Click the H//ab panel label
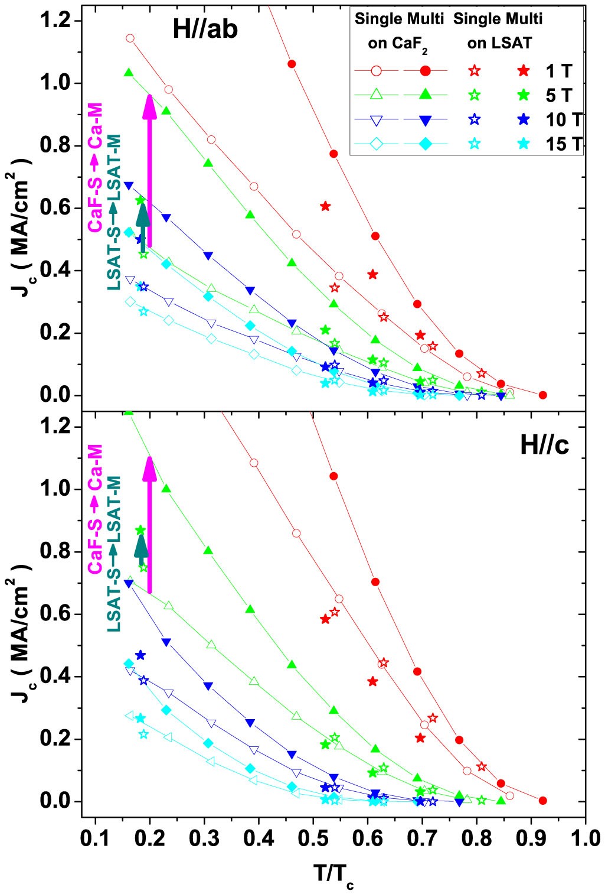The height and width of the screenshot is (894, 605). point(205,29)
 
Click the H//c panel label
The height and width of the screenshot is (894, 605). point(544,445)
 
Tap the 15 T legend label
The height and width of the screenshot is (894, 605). point(564,144)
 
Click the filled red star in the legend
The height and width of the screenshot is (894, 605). point(523,71)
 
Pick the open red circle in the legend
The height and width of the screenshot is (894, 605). point(376,71)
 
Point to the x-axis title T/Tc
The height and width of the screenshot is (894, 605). point(333,873)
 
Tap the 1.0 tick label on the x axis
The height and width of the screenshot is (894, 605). point(585,838)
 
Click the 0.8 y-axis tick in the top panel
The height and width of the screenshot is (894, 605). point(55,145)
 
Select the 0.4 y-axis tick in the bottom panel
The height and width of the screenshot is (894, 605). point(55,677)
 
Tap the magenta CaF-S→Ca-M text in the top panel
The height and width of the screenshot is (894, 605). point(95,167)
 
